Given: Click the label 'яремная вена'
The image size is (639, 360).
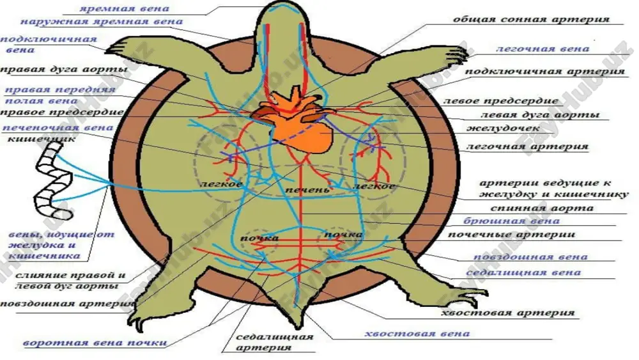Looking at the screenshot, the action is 124,8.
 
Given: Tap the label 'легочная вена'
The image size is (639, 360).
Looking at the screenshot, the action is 543,49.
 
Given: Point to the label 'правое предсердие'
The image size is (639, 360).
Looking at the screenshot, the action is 63,113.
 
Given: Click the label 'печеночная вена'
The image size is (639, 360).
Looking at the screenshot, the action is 58,128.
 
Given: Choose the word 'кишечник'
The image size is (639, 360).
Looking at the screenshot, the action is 42,139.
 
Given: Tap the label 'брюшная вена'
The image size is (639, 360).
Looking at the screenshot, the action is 511,221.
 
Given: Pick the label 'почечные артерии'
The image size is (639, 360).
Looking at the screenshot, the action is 511,235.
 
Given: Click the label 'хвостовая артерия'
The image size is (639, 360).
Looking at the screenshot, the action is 508,313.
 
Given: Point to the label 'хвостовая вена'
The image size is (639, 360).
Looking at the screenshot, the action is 417,334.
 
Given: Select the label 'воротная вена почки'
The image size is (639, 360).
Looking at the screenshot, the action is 95,343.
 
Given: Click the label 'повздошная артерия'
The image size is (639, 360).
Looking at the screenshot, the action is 67,304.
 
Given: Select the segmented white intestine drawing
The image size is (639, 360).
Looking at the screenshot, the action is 54,182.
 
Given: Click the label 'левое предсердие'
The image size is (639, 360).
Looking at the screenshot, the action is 500,100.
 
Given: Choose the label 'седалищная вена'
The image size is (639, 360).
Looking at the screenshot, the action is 523,272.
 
